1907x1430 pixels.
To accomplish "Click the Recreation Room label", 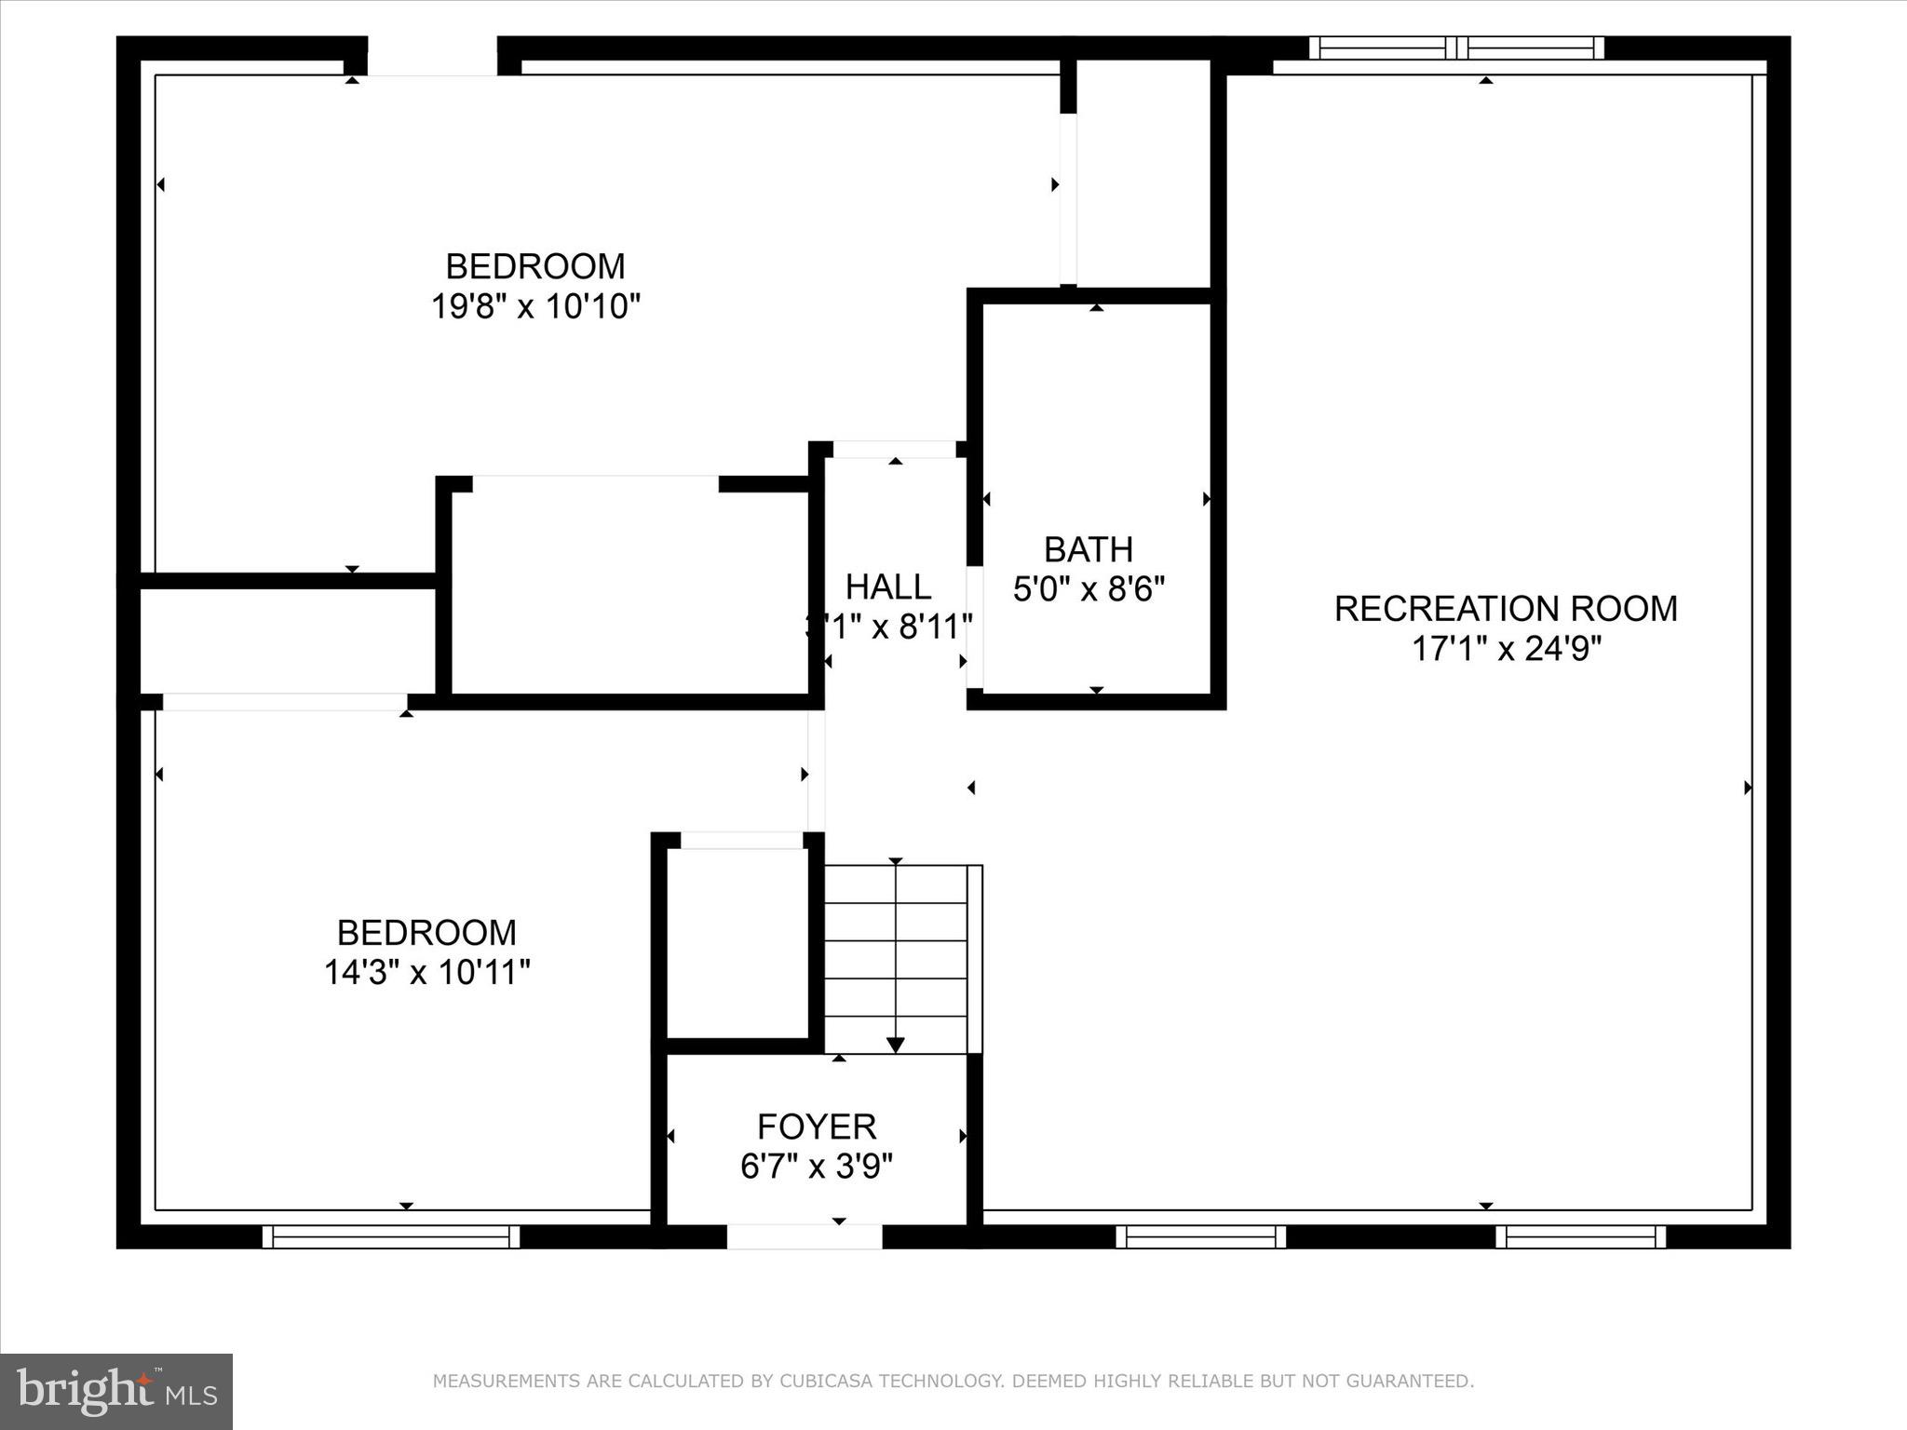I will click(1505, 609).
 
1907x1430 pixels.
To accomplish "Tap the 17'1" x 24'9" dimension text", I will click(1506, 649).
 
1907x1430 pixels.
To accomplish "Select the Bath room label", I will click(1088, 550).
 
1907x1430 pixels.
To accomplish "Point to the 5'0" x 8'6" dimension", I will click(1089, 589).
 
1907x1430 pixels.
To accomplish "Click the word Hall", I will click(887, 587).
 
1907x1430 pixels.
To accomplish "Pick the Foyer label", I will click(816, 1127).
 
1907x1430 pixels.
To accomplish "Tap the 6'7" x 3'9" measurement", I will click(816, 1167).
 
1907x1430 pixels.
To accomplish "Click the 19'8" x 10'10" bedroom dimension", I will click(535, 306).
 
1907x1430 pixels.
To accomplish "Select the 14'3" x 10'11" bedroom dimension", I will click(426, 973).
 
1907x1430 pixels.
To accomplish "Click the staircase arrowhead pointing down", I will click(895, 1045).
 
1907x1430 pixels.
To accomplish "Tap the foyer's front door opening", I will click(804, 1236).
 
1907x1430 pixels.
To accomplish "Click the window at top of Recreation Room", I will click(1456, 47).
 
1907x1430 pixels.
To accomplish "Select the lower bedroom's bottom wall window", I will click(390, 1236).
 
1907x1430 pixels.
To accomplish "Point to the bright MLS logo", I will click(116, 1392).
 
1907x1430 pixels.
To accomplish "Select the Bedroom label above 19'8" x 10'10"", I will click(534, 267).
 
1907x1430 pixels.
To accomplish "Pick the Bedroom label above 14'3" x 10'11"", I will click(426, 933).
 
